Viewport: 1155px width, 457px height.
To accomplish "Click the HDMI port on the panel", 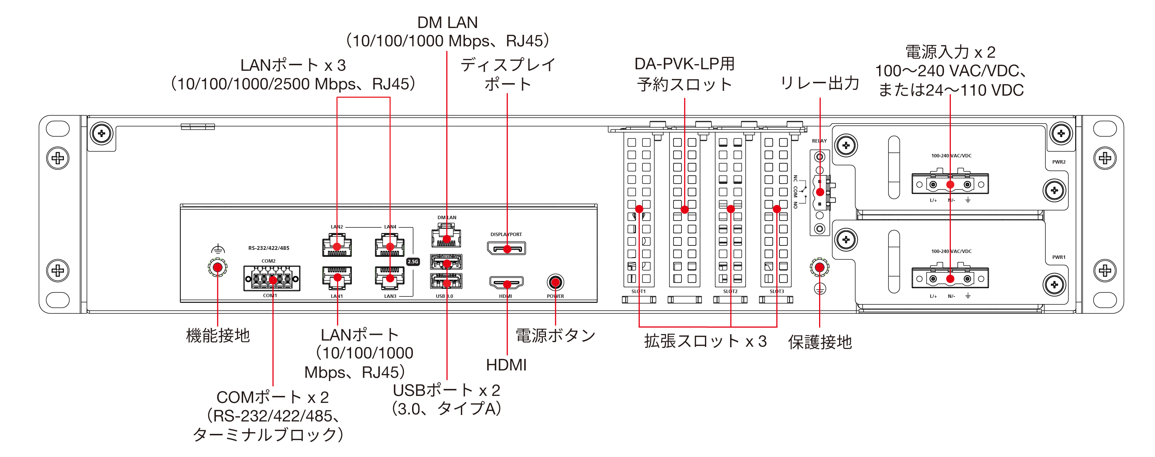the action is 506,283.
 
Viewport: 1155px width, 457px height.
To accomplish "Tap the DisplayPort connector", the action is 506,248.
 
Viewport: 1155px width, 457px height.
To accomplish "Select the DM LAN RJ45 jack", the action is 446,236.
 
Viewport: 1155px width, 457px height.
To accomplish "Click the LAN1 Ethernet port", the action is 337,278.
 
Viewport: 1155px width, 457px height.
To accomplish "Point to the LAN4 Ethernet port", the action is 390,245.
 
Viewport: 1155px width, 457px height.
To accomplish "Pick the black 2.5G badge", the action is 412,261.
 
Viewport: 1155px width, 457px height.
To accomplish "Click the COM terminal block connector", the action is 272,278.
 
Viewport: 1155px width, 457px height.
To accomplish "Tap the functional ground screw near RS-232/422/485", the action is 218,268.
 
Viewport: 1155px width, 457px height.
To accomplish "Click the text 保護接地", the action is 820,342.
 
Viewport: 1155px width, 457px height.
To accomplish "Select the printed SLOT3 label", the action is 777,291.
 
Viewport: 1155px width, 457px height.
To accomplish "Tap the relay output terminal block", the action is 820,192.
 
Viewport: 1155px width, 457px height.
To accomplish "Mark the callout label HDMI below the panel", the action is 506,365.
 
